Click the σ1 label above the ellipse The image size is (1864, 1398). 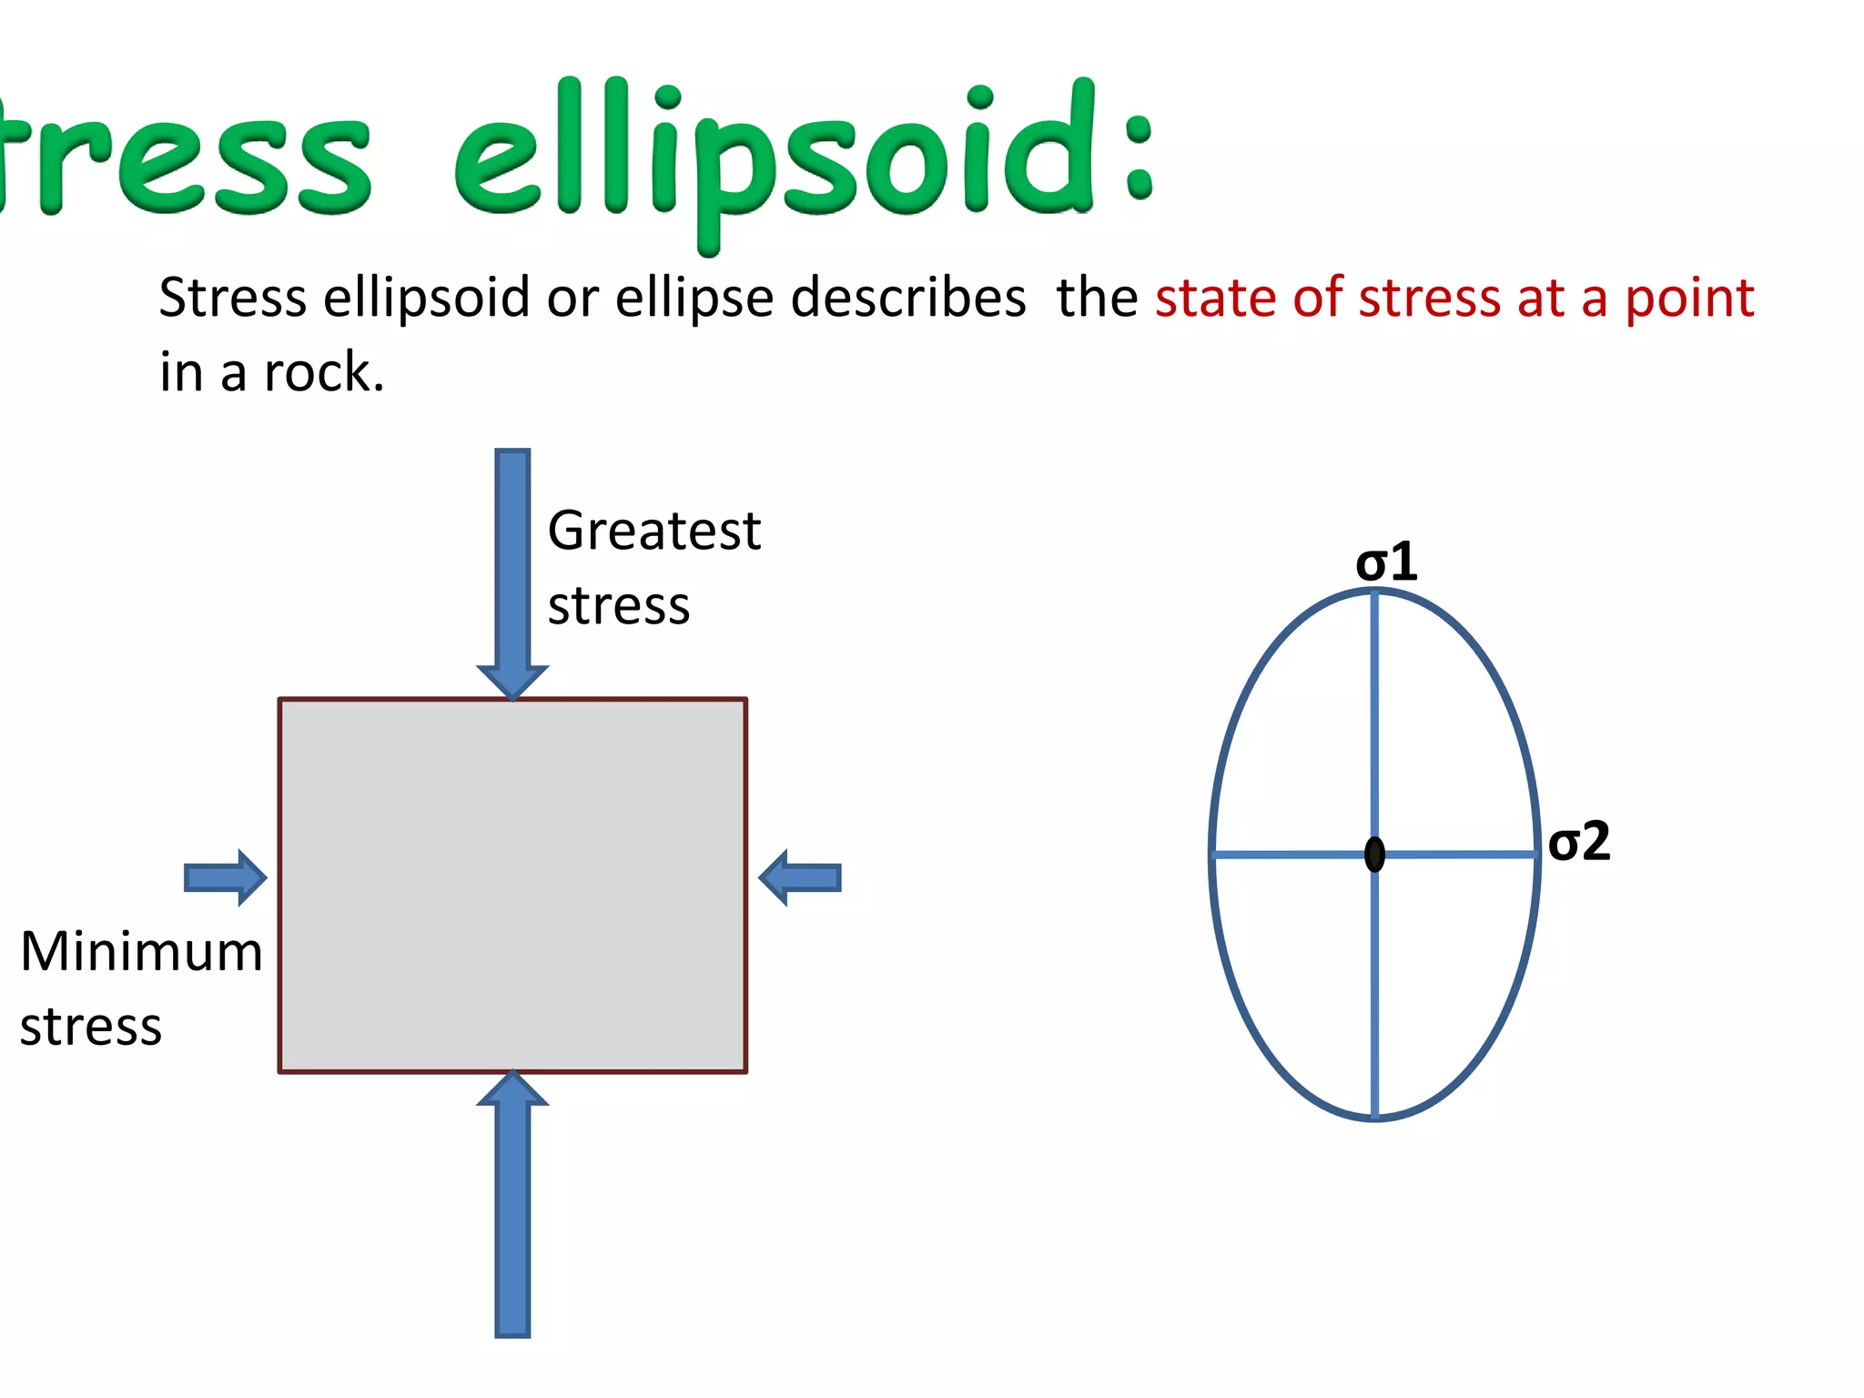[1385, 562]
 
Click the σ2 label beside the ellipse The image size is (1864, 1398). [1578, 841]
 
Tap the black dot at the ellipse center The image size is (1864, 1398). [1374, 855]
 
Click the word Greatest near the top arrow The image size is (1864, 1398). [653, 531]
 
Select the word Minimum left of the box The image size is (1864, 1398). [141, 952]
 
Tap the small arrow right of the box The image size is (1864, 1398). [800, 877]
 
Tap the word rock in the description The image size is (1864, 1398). [323, 372]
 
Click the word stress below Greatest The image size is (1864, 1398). [618, 606]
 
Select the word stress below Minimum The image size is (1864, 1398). [91, 1027]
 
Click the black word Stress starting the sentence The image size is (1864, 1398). [232, 298]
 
